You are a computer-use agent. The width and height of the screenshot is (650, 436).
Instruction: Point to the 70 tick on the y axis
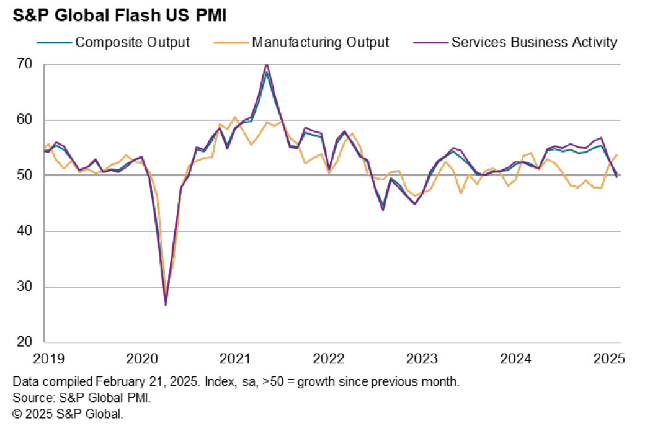coord(25,64)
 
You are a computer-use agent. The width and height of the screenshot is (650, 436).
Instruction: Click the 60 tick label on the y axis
coord(25,120)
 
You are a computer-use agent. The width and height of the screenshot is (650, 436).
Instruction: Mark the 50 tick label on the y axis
coord(25,176)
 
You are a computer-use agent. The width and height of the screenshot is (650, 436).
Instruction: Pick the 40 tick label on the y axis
coord(25,231)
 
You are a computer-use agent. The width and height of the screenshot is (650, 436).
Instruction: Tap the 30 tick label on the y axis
coord(25,287)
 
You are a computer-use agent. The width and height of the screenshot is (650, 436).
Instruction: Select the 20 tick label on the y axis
coord(25,342)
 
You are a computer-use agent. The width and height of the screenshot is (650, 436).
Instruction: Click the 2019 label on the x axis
coord(45,358)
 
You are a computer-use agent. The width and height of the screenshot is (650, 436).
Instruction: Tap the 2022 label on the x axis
coord(329,358)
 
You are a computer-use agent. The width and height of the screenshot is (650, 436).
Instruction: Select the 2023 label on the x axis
coord(422,358)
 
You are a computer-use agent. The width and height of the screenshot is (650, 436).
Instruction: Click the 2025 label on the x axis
coord(609,358)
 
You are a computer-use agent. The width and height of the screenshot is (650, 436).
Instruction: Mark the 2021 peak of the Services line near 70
coord(267,64)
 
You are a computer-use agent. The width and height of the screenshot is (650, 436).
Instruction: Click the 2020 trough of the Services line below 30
coord(166,305)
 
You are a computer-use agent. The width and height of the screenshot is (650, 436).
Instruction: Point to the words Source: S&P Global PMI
coord(82,398)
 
